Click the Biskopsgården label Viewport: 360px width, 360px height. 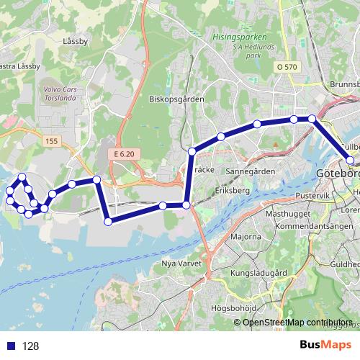[176, 99]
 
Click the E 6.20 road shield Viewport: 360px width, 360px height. [124, 154]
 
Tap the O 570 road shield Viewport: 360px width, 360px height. [287, 67]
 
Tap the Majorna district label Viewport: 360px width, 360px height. [246, 236]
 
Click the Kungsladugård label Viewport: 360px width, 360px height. [258, 274]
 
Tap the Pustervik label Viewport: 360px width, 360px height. [312, 195]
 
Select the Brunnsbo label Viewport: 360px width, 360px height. [343, 84]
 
